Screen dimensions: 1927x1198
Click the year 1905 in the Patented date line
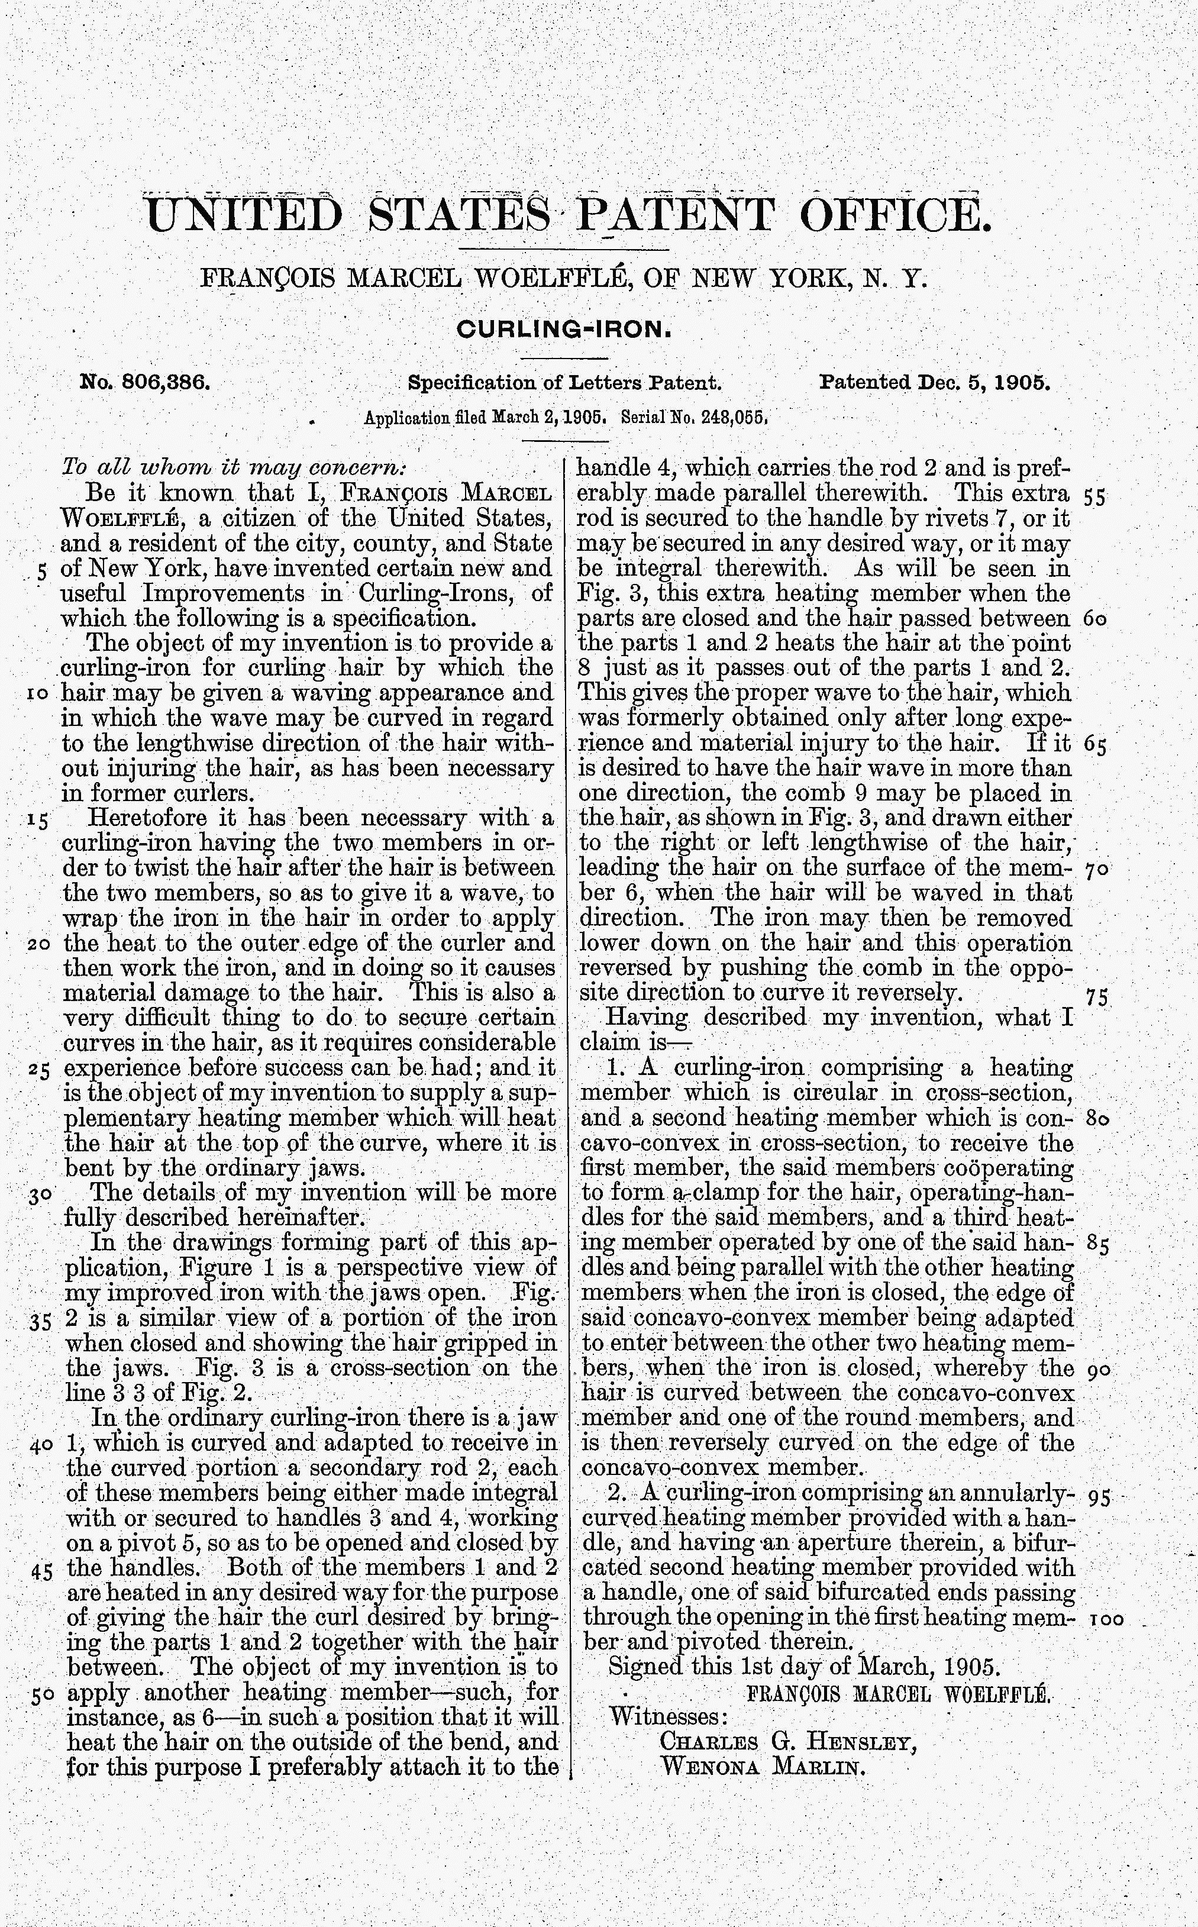[x=1022, y=383]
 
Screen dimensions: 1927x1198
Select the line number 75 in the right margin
[x=1097, y=998]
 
